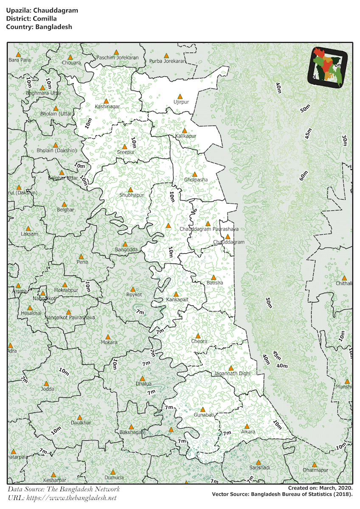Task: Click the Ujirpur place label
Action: pyautogui.click(x=180, y=102)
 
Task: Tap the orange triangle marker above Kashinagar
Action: pyautogui.click(x=107, y=101)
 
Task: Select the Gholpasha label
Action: pyautogui.click(x=196, y=180)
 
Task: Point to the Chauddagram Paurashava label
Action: pyautogui.click(x=208, y=229)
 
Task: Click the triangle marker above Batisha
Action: pyautogui.click(x=214, y=277)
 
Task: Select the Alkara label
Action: pyautogui.click(x=248, y=432)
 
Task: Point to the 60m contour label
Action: pyautogui.click(x=303, y=176)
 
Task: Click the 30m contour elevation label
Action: pyautogui.click(x=344, y=140)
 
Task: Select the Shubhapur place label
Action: pyautogui.click(x=132, y=195)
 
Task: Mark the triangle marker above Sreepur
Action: pyautogui.click(x=124, y=146)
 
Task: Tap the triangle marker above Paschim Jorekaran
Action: pyautogui.click(x=116, y=52)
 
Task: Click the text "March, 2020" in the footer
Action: pyautogui.click(x=336, y=488)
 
